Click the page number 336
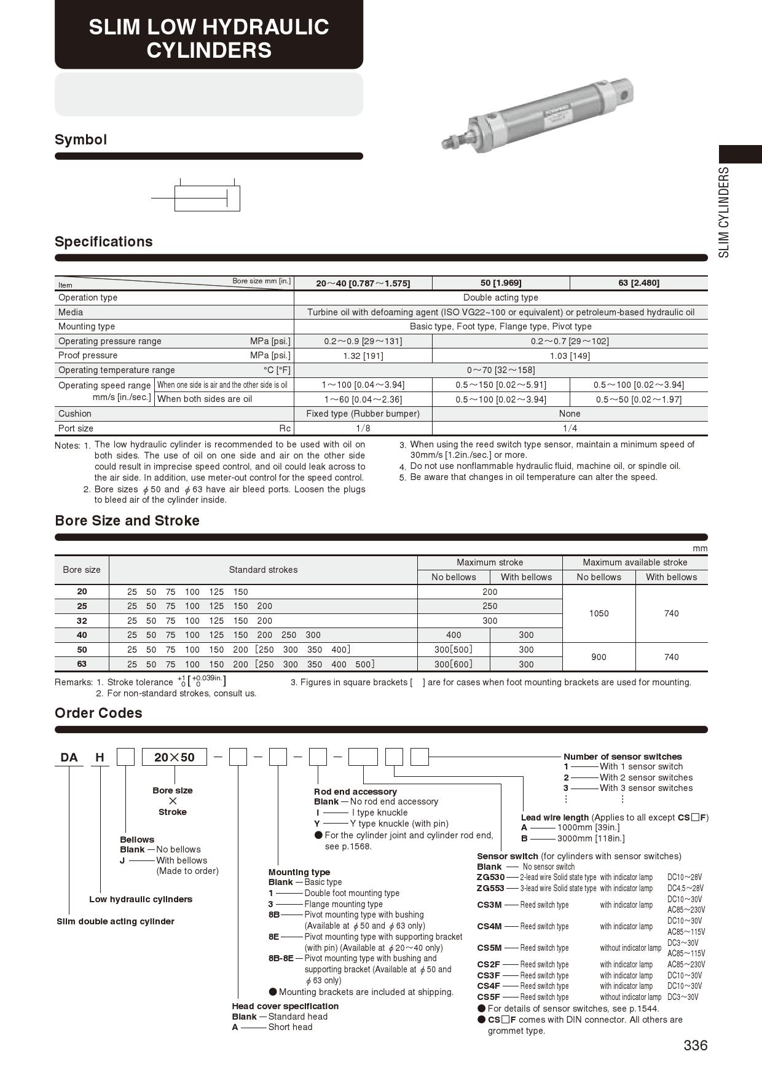(695, 1045)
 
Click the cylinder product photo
(537, 114)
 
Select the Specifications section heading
(104, 242)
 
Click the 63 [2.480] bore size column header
(638, 283)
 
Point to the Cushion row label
(75, 414)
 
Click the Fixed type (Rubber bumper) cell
(363, 414)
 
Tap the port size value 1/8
(363, 428)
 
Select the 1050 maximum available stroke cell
(599, 613)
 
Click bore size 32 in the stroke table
(82, 621)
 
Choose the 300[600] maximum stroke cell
(453, 664)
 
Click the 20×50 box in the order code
(175, 757)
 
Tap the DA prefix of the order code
(69, 757)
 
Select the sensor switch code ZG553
(490, 888)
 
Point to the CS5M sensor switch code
(489, 948)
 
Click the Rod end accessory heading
(355, 792)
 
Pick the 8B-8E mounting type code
(281, 958)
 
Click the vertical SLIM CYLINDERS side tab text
(725, 212)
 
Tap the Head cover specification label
(285, 1006)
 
